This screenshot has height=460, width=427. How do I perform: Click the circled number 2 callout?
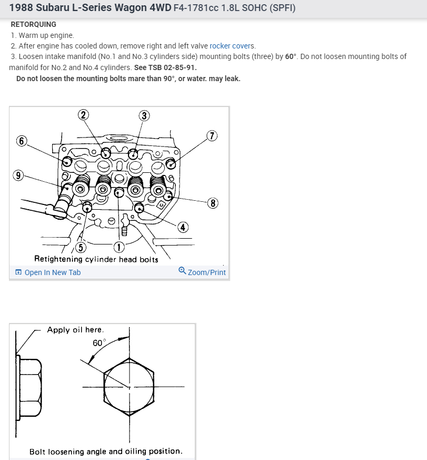tap(83, 115)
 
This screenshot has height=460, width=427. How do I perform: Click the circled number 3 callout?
tap(143, 116)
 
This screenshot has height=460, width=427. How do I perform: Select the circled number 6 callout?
tap(22, 141)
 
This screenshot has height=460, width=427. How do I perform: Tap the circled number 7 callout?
tap(212, 135)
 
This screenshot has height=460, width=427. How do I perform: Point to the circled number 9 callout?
tap(19, 176)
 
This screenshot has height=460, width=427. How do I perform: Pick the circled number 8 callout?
tap(212, 203)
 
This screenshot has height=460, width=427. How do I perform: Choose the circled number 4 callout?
tap(183, 227)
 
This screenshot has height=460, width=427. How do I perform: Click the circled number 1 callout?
tap(120, 247)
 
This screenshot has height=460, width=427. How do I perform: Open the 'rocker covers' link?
tap(232, 46)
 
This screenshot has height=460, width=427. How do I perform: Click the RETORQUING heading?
tap(33, 24)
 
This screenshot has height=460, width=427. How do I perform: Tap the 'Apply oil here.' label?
tap(75, 330)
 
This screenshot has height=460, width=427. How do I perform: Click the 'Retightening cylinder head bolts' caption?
tap(96, 259)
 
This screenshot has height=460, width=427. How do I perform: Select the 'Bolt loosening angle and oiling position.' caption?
tap(106, 452)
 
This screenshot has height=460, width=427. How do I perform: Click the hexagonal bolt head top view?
tap(129, 387)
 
